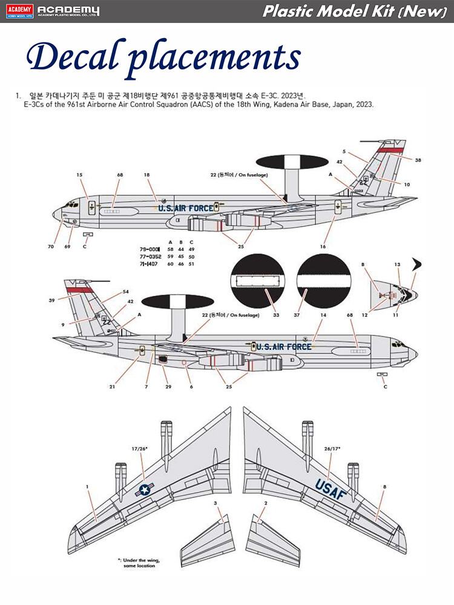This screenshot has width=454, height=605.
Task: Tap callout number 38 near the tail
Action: coord(418,160)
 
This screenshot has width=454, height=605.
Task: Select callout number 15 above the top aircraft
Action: coord(79,175)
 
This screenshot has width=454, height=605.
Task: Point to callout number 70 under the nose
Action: coord(51,246)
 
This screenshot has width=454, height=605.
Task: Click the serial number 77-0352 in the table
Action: coord(151,256)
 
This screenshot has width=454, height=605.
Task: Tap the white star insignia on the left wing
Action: coord(145,491)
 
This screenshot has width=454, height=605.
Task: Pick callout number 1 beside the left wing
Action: coord(87,486)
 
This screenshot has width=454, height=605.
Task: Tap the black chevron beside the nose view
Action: coord(417,264)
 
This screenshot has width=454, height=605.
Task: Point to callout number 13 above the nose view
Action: coord(397,264)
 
